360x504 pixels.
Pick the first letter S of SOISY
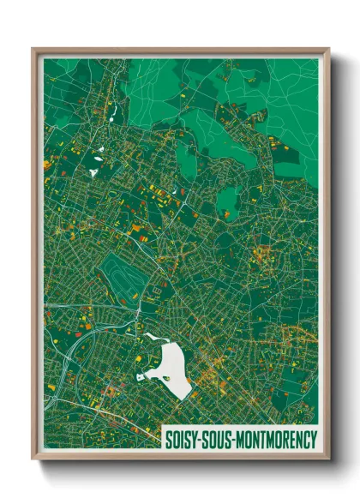(x=168, y=436)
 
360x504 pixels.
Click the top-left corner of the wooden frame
(x=33, y=50)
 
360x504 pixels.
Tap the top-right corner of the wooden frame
(x=328, y=50)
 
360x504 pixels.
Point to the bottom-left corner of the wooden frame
(x=33, y=459)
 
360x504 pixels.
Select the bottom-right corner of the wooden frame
(x=328, y=459)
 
